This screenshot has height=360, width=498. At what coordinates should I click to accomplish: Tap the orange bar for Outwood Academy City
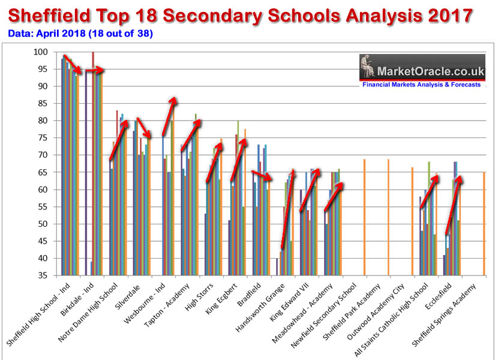(x=412, y=221)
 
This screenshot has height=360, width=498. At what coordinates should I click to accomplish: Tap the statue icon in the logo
(x=373, y=67)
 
